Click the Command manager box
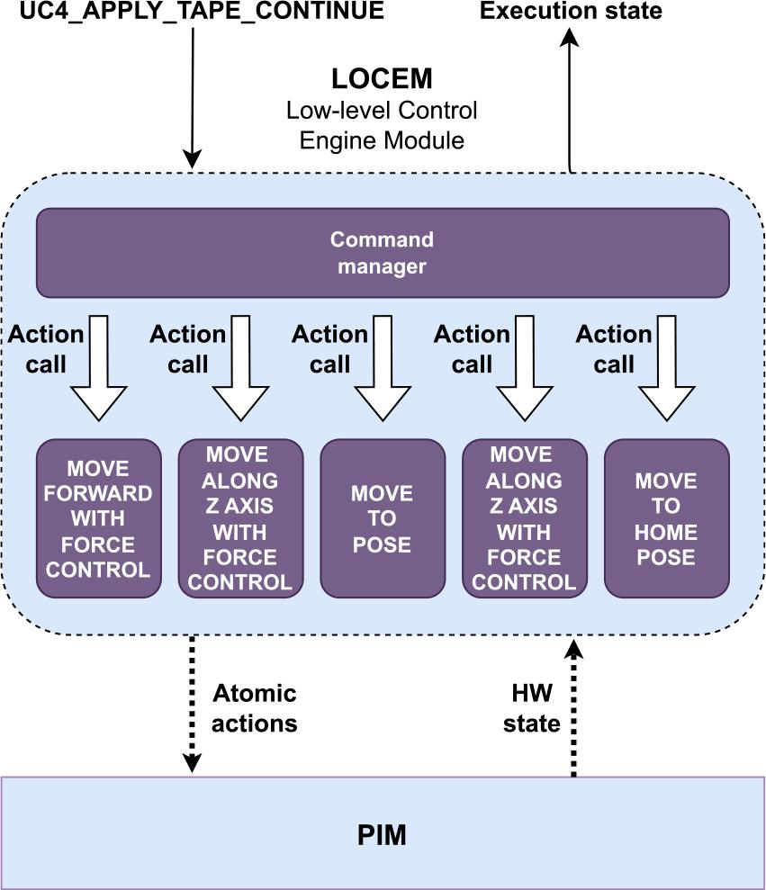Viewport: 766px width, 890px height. click(x=382, y=253)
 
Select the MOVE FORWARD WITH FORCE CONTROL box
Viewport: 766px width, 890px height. click(x=98, y=518)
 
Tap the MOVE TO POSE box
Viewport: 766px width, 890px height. click(x=382, y=518)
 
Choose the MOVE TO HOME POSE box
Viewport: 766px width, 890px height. click(x=666, y=518)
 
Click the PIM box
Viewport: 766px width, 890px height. click(x=382, y=834)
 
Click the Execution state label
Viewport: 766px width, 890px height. click(x=571, y=12)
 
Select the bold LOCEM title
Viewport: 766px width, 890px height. click(x=382, y=79)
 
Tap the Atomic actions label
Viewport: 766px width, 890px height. click(x=255, y=708)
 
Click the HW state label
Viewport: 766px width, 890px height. click(x=532, y=708)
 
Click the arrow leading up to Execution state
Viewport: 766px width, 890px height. click(x=569, y=99)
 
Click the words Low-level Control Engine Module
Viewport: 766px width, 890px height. click(x=382, y=125)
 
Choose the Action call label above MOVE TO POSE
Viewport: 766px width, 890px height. click(x=329, y=349)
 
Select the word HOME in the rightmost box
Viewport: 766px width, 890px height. click(x=666, y=532)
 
